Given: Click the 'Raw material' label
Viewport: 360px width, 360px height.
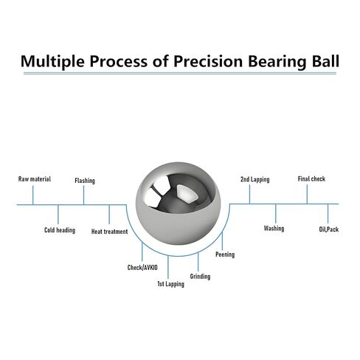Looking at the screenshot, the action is point(35,179).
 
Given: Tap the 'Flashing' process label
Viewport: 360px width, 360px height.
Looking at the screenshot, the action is point(85,181).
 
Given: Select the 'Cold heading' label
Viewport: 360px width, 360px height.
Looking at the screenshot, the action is point(60,230).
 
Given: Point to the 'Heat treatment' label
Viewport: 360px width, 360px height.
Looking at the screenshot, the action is point(109,232).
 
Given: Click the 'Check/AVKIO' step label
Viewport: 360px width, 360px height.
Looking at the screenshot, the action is point(142,268).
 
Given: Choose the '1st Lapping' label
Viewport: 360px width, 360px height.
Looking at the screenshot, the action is point(170,284).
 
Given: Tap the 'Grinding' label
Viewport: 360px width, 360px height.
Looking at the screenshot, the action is point(200,277).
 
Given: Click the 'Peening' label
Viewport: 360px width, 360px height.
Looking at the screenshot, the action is point(225,255).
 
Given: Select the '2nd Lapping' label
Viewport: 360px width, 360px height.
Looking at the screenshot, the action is point(255,179).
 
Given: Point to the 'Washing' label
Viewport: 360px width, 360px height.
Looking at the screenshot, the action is point(274,229).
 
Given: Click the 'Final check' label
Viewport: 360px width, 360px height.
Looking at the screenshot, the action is point(311,179).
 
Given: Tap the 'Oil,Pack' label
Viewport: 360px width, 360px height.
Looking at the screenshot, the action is point(329,229).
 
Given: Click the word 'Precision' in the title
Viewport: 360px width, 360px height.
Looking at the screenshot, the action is point(208,61).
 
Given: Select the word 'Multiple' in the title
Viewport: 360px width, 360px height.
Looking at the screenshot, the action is point(52,61).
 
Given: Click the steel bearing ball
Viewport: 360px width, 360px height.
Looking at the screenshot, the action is point(179,203).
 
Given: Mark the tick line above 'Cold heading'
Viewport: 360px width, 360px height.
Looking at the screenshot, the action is point(58,214).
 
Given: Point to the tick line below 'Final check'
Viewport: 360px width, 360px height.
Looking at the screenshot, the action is point(307,194).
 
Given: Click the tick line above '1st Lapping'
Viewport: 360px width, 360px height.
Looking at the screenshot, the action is point(168,267).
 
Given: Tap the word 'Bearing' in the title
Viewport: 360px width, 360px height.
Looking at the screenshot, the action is point(277,61).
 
